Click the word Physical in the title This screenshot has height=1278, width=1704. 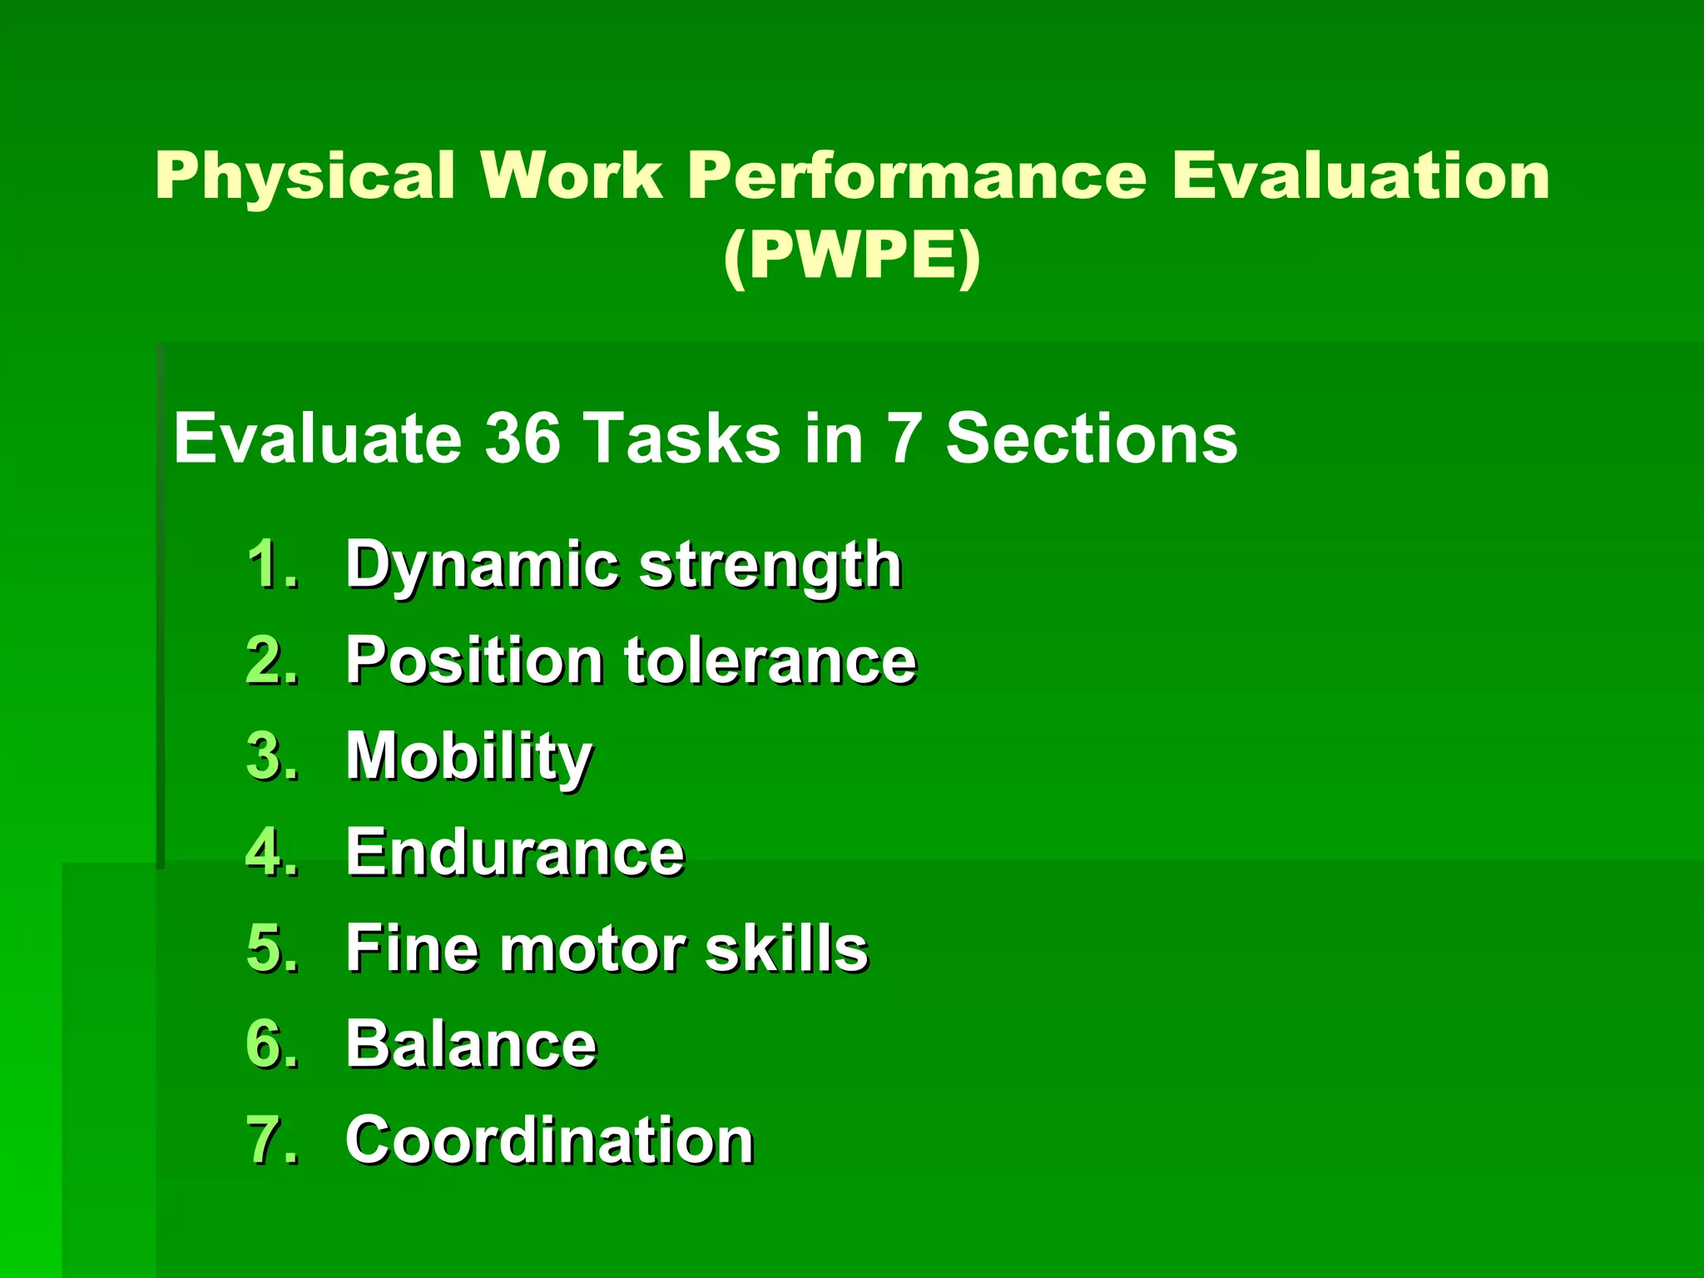pos(305,176)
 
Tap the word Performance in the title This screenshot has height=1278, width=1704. pos(917,176)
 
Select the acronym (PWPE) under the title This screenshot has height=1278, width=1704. pos(851,256)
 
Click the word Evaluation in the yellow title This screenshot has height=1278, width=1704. pos(1360,176)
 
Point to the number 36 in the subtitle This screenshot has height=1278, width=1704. pos(522,438)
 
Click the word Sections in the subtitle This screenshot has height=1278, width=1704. pos(1091,438)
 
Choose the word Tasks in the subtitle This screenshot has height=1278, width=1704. pos(681,438)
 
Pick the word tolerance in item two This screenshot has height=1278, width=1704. pos(770,661)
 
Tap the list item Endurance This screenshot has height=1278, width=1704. pos(515,853)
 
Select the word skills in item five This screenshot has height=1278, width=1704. pos(786,949)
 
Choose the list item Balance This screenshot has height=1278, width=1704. pos(471,1044)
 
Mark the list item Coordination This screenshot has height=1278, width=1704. pos(549,1140)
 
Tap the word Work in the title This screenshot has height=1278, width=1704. pos(572,176)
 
